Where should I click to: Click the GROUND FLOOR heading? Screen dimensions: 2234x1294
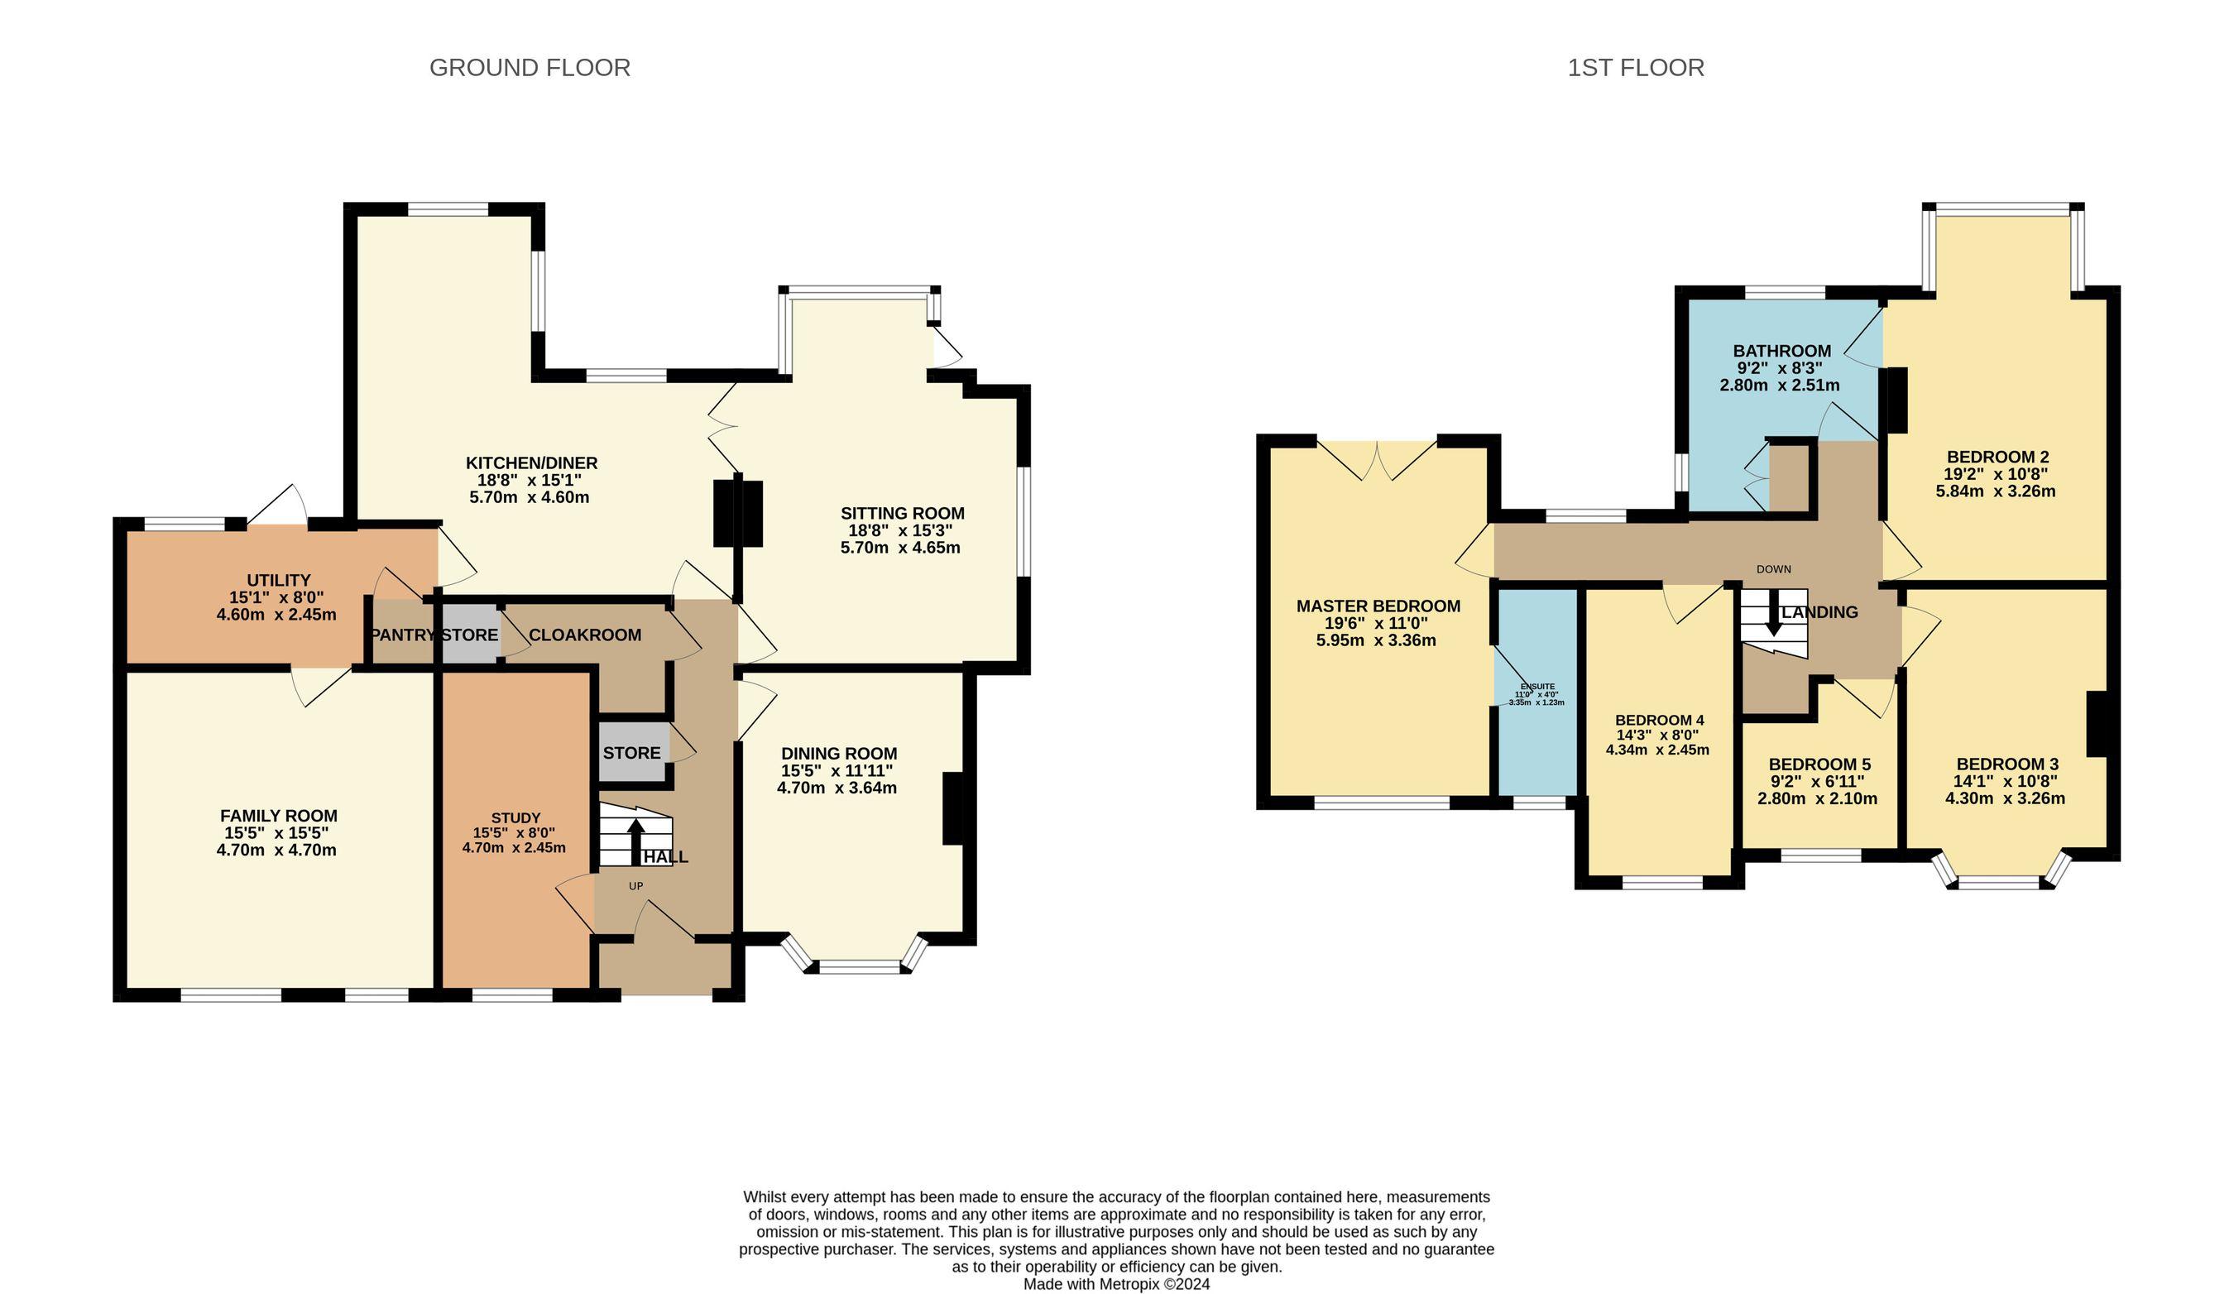pyautogui.click(x=530, y=68)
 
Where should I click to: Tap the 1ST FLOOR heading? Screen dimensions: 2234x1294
pyautogui.click(x=1636, y=68)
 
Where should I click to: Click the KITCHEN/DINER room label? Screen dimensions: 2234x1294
pyautogui.click(x=532, y=463)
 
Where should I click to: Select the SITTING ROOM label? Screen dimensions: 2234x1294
pyautogui.click(x=903, y=514)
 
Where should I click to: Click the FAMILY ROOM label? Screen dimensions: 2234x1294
pyautogui.click(x=278, y=817)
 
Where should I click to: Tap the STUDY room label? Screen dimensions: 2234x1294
pyautogui.click(x=515, y=818)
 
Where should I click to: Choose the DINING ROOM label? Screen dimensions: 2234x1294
pyautogui.click(x=839, y=755)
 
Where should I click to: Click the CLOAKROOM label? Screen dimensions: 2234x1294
pyautogui.click(x=585, y=635)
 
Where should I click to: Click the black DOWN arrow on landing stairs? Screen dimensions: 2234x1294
pyautogui.click(x=1773, y=612)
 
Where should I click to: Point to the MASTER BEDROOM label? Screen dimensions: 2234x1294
pyautogui.click(x=1378, y=606)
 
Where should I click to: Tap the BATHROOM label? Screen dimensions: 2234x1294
pyautogui.click(x=1782, y=352)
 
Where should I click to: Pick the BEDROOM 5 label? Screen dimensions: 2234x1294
pyautogui.click(x=1819, y=764)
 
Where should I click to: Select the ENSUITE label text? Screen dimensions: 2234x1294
pyautogui.click(x=1537, y=687)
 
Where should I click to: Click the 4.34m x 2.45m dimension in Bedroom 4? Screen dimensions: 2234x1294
pyautogui.click(x=1656, y=750)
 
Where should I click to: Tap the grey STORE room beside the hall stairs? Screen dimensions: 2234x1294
pyautogui.click(x=633, y=752)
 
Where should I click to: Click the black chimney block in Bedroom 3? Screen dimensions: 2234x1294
pyautogui.click(x=2097, y=724)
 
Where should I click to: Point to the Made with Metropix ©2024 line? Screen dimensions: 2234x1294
pyautogui.click(x=1116, y=1284)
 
